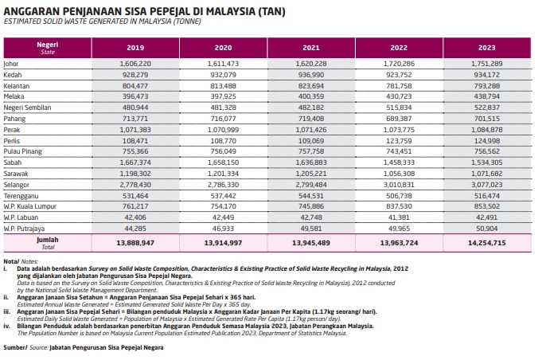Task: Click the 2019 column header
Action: click(135, 47)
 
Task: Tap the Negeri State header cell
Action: click(48, 47)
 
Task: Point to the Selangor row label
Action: click(18, 184)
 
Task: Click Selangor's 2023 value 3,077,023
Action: click(486, 184)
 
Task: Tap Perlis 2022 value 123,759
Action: click(399, 139)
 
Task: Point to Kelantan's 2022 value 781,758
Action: click(399, 84)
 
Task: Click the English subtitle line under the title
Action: click(103, 22)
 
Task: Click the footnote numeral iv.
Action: click(6, 326)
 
